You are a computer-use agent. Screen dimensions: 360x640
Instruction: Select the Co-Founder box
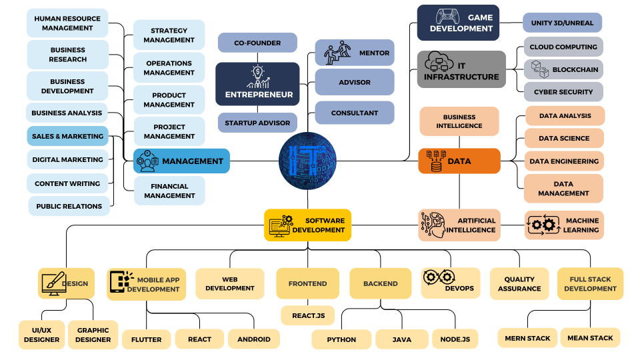[257, 43]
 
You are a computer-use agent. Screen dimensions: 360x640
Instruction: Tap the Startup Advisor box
[257, 123]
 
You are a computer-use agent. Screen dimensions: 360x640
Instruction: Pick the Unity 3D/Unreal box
[562, 23]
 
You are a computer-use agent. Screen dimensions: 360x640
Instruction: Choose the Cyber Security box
[563, 92]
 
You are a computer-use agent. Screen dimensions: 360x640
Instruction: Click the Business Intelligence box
[459, 121]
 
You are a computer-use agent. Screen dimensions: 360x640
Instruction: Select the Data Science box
[564, 138]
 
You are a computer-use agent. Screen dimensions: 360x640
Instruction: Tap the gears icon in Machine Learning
[542, 225]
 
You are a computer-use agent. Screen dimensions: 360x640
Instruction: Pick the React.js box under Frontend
[307, 315]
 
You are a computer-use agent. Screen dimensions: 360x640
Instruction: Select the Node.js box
[455, 339]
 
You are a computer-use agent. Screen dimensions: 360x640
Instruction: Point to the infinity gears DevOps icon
[439, 277]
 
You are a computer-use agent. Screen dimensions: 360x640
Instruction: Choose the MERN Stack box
[527, 338]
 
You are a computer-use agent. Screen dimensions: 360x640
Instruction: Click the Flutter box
[146, 339]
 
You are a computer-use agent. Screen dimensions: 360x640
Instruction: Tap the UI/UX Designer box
[41, 335]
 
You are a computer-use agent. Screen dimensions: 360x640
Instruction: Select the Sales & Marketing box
[67, 136]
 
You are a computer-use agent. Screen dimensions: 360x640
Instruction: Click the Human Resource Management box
[67, 23]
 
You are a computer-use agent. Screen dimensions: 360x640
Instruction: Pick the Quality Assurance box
[519, 284]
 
